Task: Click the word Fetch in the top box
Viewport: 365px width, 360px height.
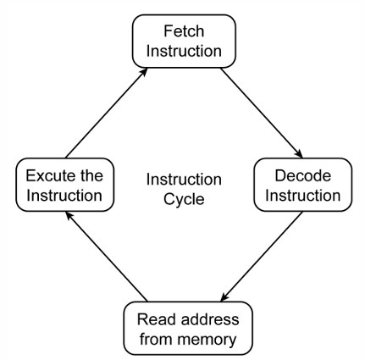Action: pos(184,31)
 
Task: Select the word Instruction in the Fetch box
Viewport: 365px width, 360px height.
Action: pos(184,51)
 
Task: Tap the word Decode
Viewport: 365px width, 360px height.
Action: pos(303,175)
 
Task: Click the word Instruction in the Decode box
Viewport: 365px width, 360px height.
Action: pos(303,196)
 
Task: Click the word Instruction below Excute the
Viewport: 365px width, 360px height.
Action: pos(64,196)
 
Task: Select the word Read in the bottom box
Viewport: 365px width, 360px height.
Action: pos(156,319)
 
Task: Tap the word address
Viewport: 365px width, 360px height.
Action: pos(210,319)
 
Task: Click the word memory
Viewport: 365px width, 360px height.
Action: pos(207,340)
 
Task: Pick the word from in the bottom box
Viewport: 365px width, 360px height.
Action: pos(157,339)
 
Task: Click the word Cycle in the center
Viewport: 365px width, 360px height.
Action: pos(184,200)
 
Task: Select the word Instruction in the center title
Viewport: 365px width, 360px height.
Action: pos(184,180)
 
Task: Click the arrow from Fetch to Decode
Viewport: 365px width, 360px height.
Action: pos(262,113)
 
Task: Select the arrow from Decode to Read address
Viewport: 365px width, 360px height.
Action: pos(262,257)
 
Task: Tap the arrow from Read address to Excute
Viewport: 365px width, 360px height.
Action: pos(106,257)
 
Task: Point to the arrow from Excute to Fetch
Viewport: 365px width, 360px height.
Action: pos(106,113)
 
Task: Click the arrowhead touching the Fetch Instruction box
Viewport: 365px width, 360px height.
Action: pos(144,71)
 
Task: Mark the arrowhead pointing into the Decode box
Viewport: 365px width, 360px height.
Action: pos(299,154)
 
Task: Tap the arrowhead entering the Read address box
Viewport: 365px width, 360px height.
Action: pos(224,297)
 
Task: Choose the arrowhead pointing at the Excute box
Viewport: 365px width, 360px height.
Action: pos(69,216)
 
